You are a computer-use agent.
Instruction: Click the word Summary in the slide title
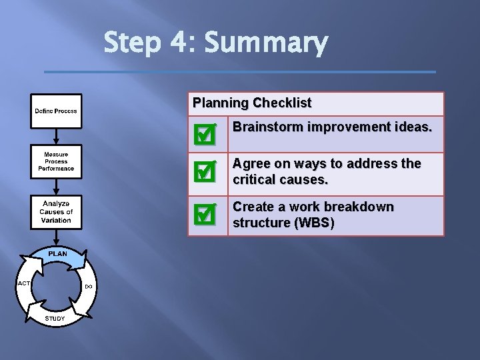tap(266, 44)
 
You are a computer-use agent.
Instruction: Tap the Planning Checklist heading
tap(252, 103)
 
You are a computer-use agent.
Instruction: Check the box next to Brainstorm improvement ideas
tap(203, 135)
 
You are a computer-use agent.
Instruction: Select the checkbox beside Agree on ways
tap(203, 172)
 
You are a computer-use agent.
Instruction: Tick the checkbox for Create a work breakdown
tap(203, 214)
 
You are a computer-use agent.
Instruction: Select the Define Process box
tap(56, 111)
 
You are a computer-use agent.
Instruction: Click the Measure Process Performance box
tap(56, 161)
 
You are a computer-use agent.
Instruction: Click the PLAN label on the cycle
tap(57, 253)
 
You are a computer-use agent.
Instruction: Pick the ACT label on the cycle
tap(23, 283)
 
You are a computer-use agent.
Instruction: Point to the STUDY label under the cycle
tap(55, 319)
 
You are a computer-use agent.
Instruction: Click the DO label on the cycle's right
tap(89, 287)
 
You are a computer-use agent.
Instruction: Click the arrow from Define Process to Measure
tap(56, 136)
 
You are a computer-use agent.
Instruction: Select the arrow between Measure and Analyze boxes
tap(56, 186)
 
